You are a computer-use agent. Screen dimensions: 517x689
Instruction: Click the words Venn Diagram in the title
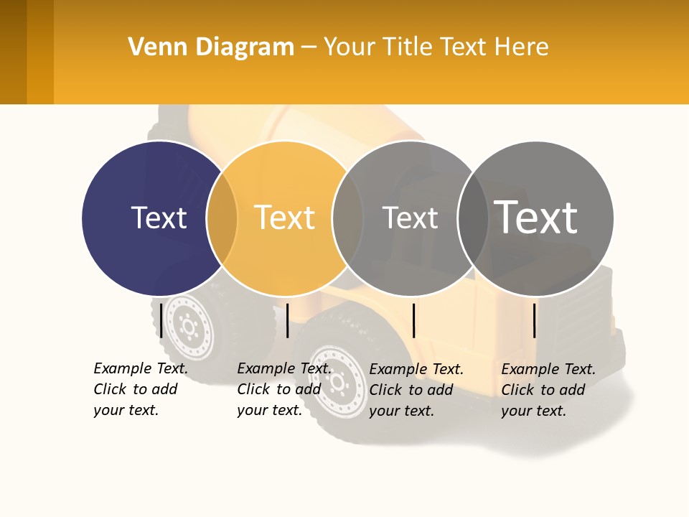pyautogui.click(x=211, y=47)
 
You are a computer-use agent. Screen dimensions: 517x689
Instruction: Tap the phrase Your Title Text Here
pyautogui.click(x=436, y=47)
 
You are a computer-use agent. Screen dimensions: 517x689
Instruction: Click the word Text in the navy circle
pyautogui.click(x=159, y=218)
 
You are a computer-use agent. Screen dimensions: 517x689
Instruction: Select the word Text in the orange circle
pyautogui.click(x=285, y=218)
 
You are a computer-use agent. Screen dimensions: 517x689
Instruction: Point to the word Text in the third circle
pyautogui.click(x=410, y=218)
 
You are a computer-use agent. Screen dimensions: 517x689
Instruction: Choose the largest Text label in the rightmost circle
pyautogui.click(x=536, y=218)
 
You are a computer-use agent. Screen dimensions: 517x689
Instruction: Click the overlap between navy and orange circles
pyautogui.click(x=222, y=218)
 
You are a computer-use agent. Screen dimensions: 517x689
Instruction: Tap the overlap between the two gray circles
pyautogui.click(x=473, y=218)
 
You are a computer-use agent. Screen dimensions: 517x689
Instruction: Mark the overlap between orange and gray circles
pyautogui.click(x=348, y=218)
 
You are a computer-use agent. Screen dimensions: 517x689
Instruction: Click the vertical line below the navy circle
pyautogui.click(x=161, y=320)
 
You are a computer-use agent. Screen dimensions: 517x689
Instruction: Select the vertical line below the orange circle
pyautogui.click(x=287, y=320)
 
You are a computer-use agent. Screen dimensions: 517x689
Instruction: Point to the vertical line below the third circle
pyautogui.click(x=413, y=320)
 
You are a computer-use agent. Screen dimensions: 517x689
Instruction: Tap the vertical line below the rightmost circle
pyautogui.click(x=535, y=320)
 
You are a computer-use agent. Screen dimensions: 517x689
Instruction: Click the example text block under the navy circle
pyautogui.click(x=141, y=389)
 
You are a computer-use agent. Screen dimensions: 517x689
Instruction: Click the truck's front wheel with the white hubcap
pyautogui.click(x=337, y=381)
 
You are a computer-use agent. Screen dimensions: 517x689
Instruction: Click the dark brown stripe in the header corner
pyautogui.click(x=13, y=52)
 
